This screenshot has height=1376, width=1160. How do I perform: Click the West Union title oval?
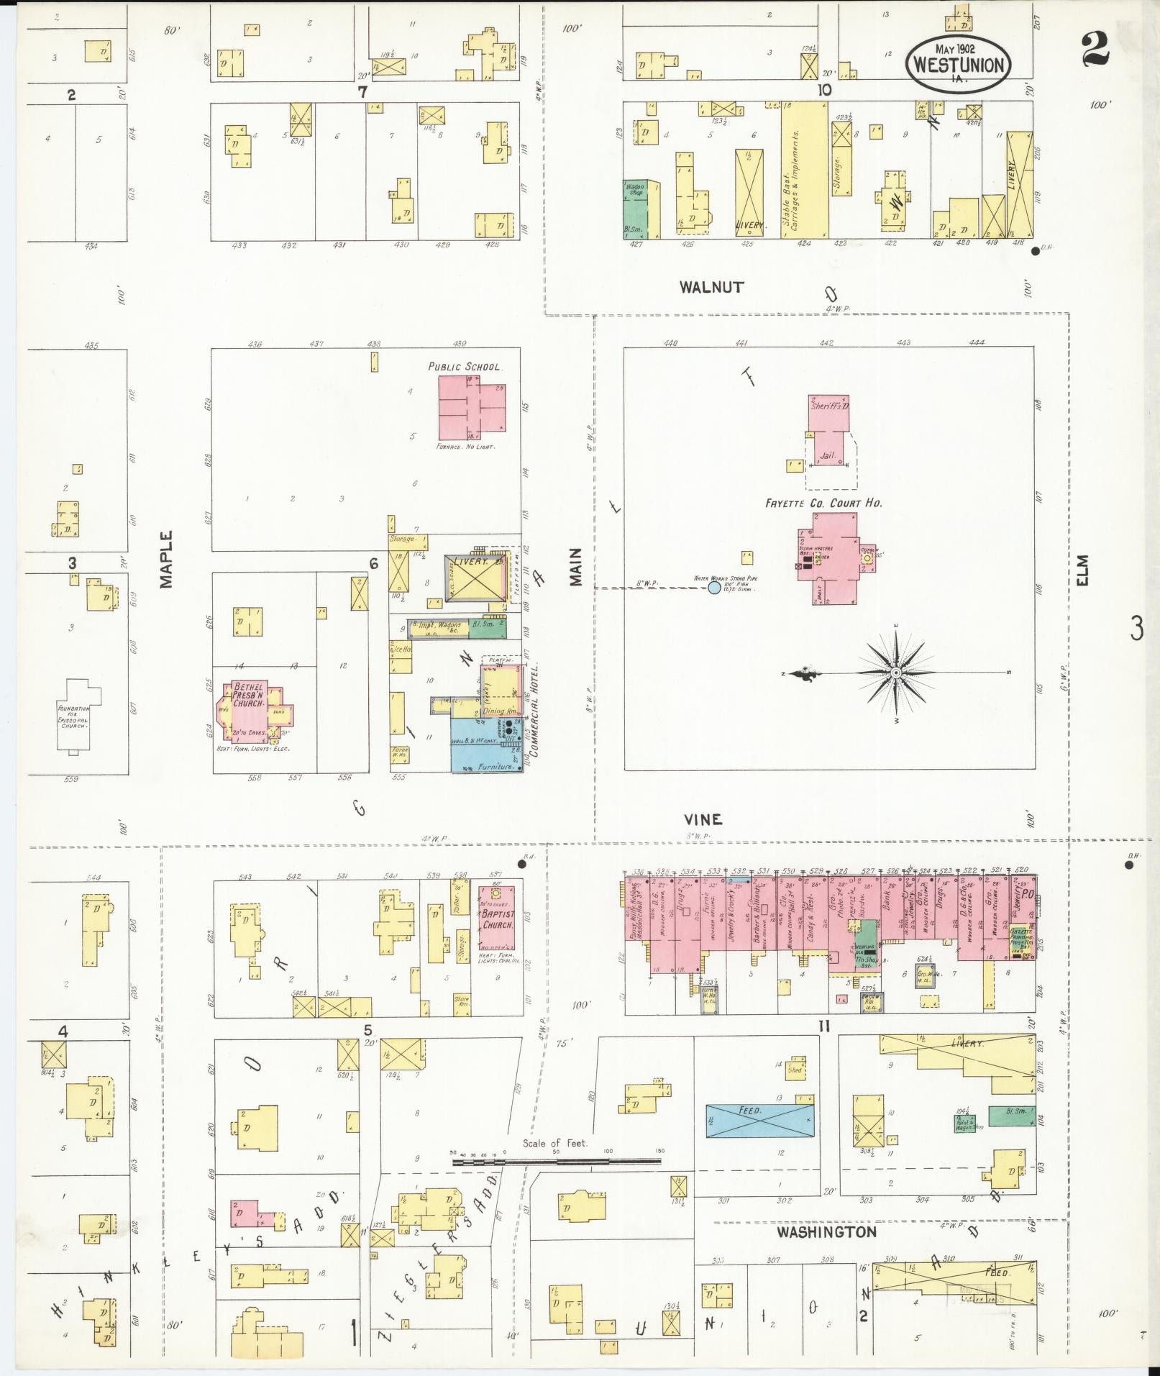coord(958,63)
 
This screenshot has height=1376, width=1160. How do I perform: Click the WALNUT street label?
coord(711,287)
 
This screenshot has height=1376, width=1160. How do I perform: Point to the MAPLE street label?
coord(167,559)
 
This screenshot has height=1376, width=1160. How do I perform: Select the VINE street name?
coord(703,819)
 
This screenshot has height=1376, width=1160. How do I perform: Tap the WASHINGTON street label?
coord(826,1232)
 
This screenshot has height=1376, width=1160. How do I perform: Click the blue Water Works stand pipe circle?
coord(714,588)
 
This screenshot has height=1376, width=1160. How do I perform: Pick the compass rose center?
coord(896,673)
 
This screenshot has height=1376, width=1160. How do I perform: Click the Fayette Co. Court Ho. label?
coord(823,503)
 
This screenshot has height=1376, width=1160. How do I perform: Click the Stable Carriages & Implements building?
coord(804,170)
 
